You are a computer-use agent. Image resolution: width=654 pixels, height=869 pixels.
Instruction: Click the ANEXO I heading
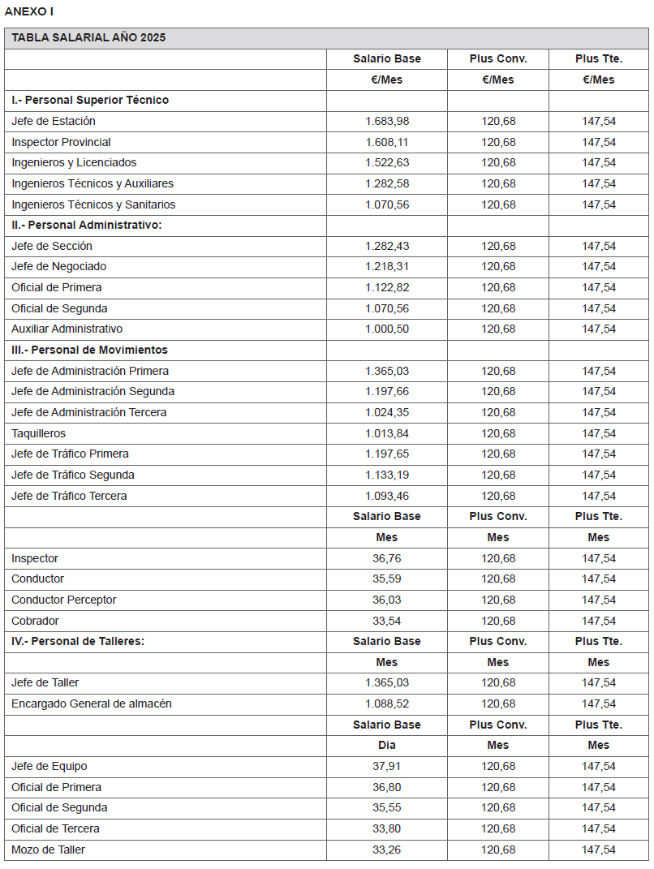pyautogui.click(x=30, y=11)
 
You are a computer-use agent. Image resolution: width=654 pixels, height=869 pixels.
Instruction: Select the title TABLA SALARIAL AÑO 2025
pyautogui.click(x=88, y=38)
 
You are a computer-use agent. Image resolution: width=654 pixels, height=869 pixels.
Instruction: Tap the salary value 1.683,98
pyautogui.click(x=387, y=121)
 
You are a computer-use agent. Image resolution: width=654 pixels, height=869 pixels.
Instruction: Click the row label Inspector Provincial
pyautogui.click(x=61, y=142)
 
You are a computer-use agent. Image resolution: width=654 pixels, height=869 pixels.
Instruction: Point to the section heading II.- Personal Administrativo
pyautogui.click(x=87, y=225)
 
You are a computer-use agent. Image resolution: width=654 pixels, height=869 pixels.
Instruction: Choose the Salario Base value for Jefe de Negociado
pyautogui.click(x=387, y=266)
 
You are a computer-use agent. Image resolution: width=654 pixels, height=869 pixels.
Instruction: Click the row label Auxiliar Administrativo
pyautogui.click(x=67, y=329)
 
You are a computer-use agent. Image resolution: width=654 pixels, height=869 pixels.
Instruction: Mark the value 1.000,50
pyautogui.click(x=387, y=329)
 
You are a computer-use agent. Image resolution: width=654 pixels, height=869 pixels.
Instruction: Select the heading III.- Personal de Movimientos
pyautogui.click(x=89, y=350)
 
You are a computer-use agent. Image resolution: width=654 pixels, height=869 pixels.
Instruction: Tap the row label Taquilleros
pyautogui.click(x=38, y=433)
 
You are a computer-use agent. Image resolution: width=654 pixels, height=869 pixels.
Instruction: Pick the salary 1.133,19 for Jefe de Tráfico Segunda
pyautogui.click(x=387, y=475)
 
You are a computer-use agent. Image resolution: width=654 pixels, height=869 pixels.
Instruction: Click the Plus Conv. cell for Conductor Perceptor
pyautogui.click(x=498, y=600)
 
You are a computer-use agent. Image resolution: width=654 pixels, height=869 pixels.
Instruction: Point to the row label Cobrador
pyautogui.click(x=35, y=621)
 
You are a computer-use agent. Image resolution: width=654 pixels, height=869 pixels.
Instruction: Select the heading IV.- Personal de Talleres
pyautogui.click(x=78, y=641)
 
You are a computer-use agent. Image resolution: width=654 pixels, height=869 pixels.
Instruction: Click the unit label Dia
pyautogui.click(x=387, y=745)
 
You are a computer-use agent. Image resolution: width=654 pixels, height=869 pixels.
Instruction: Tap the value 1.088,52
pyautogui.click(x=387, y=703)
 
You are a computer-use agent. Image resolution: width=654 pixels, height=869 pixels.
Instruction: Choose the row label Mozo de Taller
pyautogui.click(x=48, y=850)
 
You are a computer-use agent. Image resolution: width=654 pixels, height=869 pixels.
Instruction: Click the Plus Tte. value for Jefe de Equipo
pyautogui.click(x=599, y=766)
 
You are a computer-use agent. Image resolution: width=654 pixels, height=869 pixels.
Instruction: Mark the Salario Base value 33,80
pyautogui.click(x=387, y=828)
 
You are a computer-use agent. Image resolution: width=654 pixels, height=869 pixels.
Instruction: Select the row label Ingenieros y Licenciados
pyautogui.click(x=74, y=162)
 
